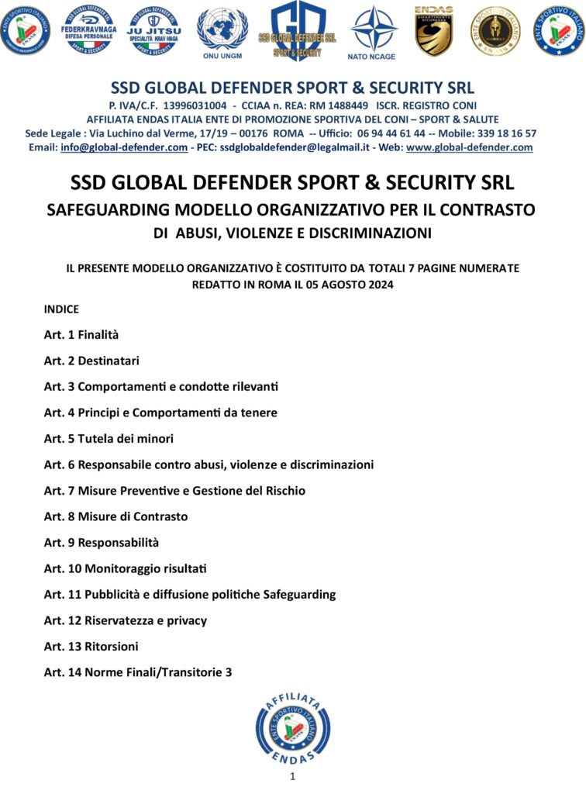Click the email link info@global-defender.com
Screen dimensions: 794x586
pyautogui.click(x=124, y=147)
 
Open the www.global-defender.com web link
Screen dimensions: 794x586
pyautogui.click(x=470, y=147)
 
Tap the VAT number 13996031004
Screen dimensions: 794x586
pyautogui.click(x=194, y=105)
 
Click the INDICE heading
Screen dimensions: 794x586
pyautogui.click(x=61, y=309)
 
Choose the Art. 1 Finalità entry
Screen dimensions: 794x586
pyautogui.click(x=81, y=335)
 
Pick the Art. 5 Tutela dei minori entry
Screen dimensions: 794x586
pyautogui.click(x=109, y=439)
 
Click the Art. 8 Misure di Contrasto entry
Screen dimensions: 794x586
pyautogui.click(x=115, y=516)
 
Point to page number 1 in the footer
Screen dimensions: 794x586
pyautogui.click(x=293, y=776)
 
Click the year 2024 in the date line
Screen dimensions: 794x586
pyautogui.click(x=380, y=285)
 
